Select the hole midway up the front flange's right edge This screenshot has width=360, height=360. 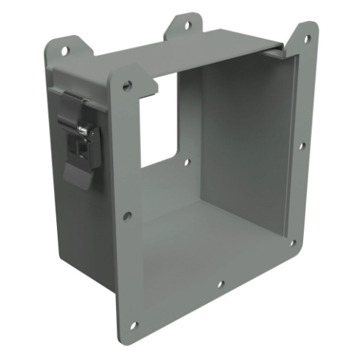[301, 145]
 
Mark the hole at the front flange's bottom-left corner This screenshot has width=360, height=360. [134, 325]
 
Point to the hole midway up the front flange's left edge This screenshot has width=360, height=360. [128, 215]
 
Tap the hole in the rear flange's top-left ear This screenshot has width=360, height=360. [65, 50]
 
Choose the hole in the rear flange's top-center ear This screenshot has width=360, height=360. [188, 25]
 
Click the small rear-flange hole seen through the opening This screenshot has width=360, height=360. [187, 163]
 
